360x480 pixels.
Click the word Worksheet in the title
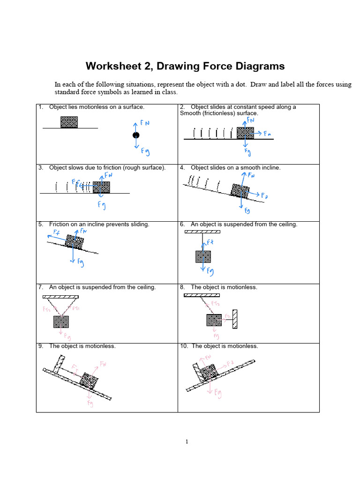point(113,66)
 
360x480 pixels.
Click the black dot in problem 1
point(136,135)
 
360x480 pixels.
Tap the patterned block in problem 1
point(69,122)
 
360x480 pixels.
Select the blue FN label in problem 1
point(145,123)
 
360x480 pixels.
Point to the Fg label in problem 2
point(247,152)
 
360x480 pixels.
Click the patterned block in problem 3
point(101,187)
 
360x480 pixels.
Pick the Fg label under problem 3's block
point(101,204)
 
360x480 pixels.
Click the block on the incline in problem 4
point(240,190)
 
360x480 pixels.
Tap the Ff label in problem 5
point(56,232)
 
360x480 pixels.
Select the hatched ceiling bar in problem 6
point(202,232)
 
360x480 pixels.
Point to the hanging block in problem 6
point(203,256)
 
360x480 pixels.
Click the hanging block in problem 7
point(61,322)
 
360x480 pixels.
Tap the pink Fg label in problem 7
point(67,336)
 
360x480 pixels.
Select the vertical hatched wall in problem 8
point(235,320)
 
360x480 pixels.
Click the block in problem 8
point(214,320)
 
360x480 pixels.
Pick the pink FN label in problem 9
point(102,363)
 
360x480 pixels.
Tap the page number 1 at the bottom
point(187,441)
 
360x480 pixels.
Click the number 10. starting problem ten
point(184,346)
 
